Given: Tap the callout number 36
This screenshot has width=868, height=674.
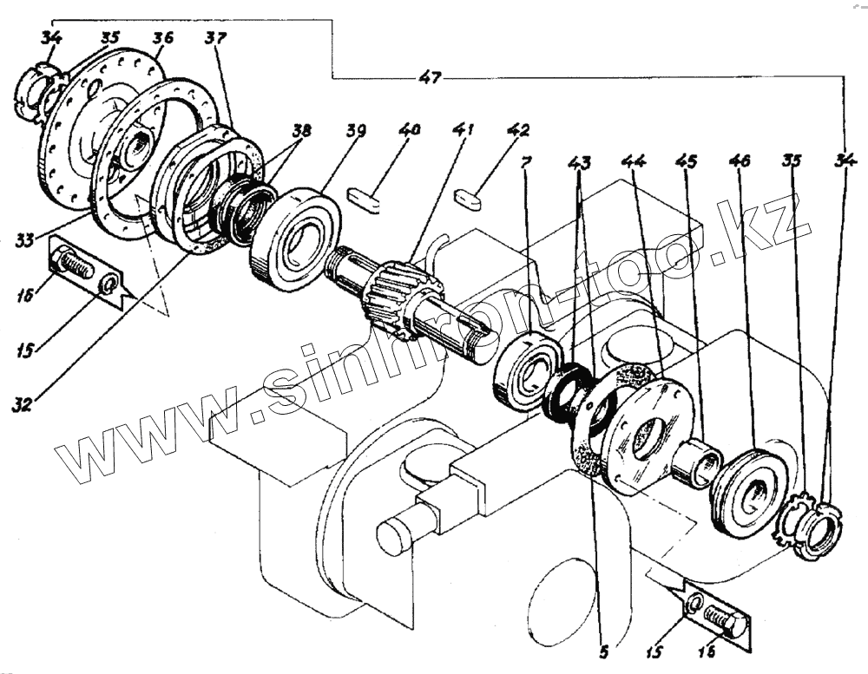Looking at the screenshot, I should pyautogui.click(x=162, y=38).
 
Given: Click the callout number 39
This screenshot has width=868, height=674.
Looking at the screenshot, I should pyautogui.click(x=354, y=131).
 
